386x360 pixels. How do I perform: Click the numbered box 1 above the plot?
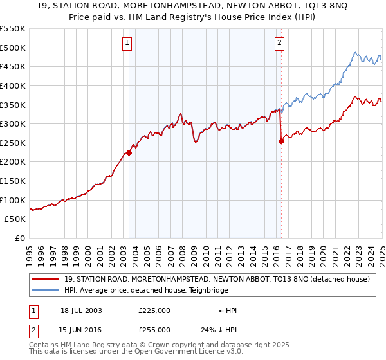[127, 44]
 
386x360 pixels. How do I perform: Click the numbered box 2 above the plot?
[280, 44]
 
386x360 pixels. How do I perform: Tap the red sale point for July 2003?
[129, 152]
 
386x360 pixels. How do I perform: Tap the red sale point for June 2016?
[281, 141]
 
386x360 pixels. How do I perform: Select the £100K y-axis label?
[14, 200]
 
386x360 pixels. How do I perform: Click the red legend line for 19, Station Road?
[46, 279]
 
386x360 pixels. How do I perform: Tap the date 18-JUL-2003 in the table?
[81, 310]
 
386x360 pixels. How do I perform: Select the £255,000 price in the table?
[154, 330]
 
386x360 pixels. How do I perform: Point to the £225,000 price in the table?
[154, 310]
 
